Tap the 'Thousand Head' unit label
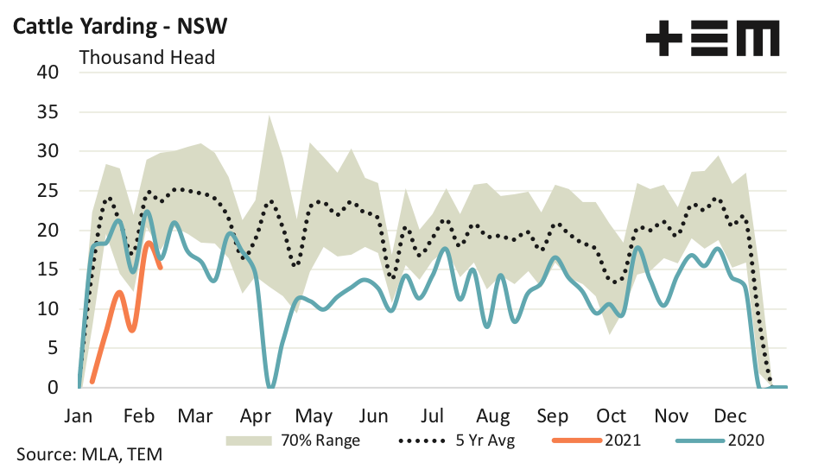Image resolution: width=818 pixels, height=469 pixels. point(147,58)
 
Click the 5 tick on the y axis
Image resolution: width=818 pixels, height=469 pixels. point(51,348)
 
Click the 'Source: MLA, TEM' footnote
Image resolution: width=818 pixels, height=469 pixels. point(88,453)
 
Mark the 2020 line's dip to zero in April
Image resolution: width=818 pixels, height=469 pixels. point(270,386)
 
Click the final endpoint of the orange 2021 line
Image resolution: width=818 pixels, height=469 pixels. point(161,268)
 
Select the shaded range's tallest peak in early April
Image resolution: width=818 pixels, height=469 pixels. point(269,116)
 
